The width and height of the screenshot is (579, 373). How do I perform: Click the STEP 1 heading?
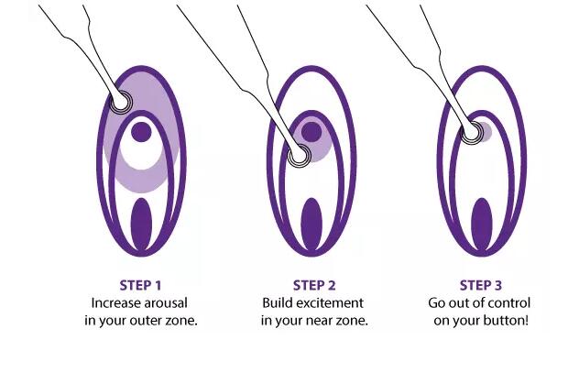point(141,285)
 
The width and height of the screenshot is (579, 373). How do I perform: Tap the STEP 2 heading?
point(314,285)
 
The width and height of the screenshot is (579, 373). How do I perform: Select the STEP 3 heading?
point(481,285)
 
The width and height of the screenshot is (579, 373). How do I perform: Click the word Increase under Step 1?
point(115,303)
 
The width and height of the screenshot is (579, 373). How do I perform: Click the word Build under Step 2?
point(277,303)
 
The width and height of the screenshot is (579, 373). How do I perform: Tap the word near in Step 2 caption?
point(320,320)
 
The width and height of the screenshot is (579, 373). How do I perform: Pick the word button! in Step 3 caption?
point(508,320)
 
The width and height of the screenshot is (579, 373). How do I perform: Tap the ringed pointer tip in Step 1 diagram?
point(121,101)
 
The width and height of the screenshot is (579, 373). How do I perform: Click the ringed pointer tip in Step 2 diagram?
point(299,156)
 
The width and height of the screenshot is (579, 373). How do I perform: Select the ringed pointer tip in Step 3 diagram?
point(473,132)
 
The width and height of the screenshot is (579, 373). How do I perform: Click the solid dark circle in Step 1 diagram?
point(141,132)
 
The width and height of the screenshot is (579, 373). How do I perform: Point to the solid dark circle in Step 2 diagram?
point(311,132)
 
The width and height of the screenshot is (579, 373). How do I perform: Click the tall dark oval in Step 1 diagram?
point(141,225)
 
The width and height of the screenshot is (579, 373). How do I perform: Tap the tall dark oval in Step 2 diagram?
point(311,225)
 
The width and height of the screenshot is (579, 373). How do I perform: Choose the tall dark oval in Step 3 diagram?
point(482,225)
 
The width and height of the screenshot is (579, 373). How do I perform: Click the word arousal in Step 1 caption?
point(166,303)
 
